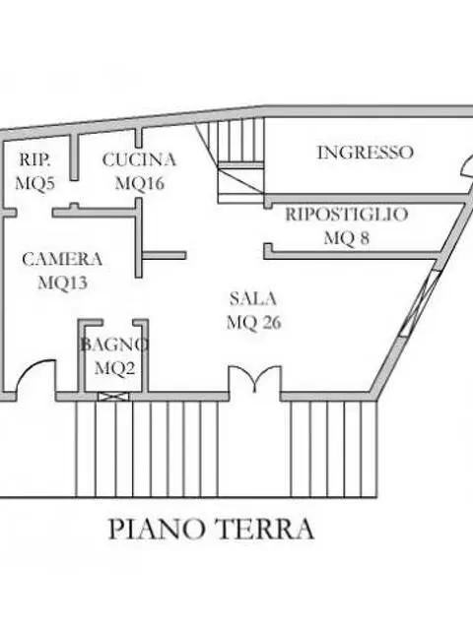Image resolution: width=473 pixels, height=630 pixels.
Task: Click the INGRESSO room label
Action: pos(366,153)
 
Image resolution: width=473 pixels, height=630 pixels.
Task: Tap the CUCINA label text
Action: pos(139,159)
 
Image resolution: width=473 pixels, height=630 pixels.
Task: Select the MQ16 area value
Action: pos(140,183)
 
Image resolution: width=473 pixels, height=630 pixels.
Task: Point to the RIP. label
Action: pos(35,159)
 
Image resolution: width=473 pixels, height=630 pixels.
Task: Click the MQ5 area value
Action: pos(35,183)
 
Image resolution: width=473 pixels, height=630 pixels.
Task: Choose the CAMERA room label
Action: pos(62,259)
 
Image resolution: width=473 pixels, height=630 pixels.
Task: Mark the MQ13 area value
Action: pos(63,283)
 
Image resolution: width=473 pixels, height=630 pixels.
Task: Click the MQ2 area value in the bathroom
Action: pos(114,367)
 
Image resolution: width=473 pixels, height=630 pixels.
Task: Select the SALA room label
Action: pos(253,298)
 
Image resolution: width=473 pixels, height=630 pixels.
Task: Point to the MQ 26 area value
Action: pos(254,322)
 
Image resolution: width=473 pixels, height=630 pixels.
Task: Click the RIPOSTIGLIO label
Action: pos(347,215)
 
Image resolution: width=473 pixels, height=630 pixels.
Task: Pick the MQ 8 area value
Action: pos(347,238)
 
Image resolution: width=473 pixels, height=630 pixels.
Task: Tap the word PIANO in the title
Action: pos(157,529)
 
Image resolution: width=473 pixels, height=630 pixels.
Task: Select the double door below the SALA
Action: pos(254,378)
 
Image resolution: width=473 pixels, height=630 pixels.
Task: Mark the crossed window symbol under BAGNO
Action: pos(114,397)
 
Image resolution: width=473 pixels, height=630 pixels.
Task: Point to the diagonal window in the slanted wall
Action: pos(421,303)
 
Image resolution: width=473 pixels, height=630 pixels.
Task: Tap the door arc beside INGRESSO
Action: pos(466,165)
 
